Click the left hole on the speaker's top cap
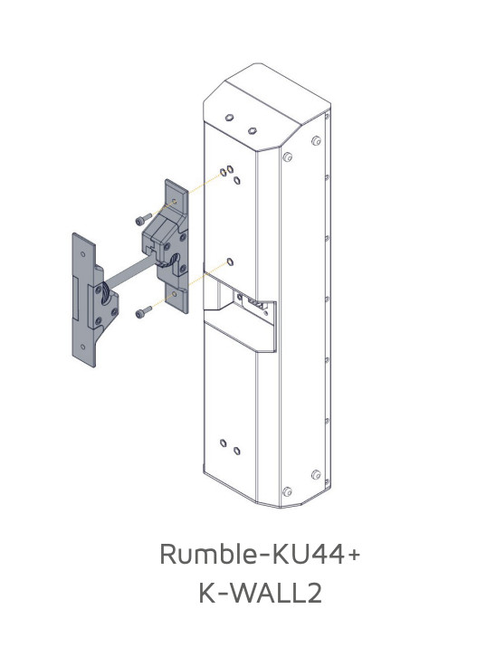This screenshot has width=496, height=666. point(230,118)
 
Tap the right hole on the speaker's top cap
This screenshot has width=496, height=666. point(253,129)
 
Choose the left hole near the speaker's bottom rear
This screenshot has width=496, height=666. point(224,443)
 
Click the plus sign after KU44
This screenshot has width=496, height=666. point(354,554)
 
